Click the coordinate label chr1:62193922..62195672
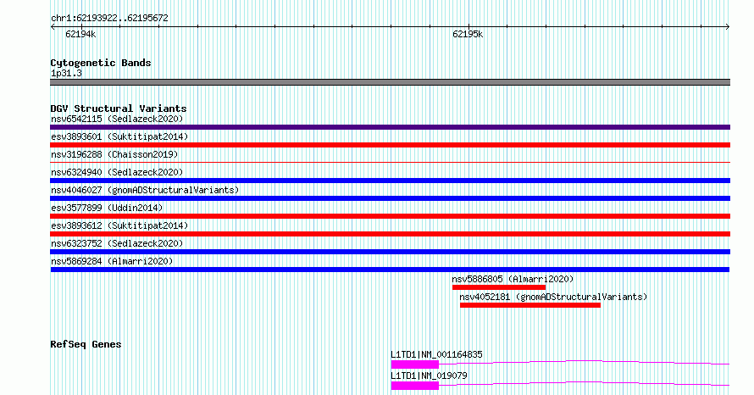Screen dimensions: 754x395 pyautogui.click(x=109, y=19)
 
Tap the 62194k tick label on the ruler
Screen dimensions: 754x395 pyautogui.click(x=80, y=34)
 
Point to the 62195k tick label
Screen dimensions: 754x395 pyautogui.click(x=468, y=34)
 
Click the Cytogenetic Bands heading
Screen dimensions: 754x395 pyautogui.click(x=101, y=63)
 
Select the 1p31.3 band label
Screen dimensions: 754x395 pyautogui.click(x=66, y=74)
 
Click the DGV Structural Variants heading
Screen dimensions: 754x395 pyautogui.click(x=119, y=108)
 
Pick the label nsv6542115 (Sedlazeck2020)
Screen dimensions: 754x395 pyautogui.click(x=117, y=119)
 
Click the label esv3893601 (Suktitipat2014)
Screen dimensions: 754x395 pyautogui.click(x=119, y=136)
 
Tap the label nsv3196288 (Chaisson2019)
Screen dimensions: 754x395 pyautogui.click(x=114, y=154)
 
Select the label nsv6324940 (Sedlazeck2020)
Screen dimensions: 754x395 pyautogui.click(x=117, y=172)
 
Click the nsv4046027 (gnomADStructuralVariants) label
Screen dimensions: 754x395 pyautogui.click(x=145, y=190)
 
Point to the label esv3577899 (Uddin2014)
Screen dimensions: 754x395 pyautogui.click(x=107, y=208)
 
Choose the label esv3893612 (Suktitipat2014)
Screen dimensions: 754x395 pyautogui.click(x=119, y=225)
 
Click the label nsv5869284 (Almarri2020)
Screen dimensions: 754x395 pyautogui.click(x=112, y=261)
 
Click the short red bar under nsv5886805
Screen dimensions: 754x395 pyautogui.click(x=499, y=287)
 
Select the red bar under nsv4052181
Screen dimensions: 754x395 pyautogui.click(x=530, y=305)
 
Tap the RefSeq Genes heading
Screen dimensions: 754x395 pyautogui.click(x=86, y=344)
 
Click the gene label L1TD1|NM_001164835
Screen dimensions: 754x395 pyautogui.click(x=436, y=354)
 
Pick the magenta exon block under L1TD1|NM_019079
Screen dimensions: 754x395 pyautogui.click(x=415, y=386)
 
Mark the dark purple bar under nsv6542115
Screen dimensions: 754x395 pyautogui.click(x=390, y=127)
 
